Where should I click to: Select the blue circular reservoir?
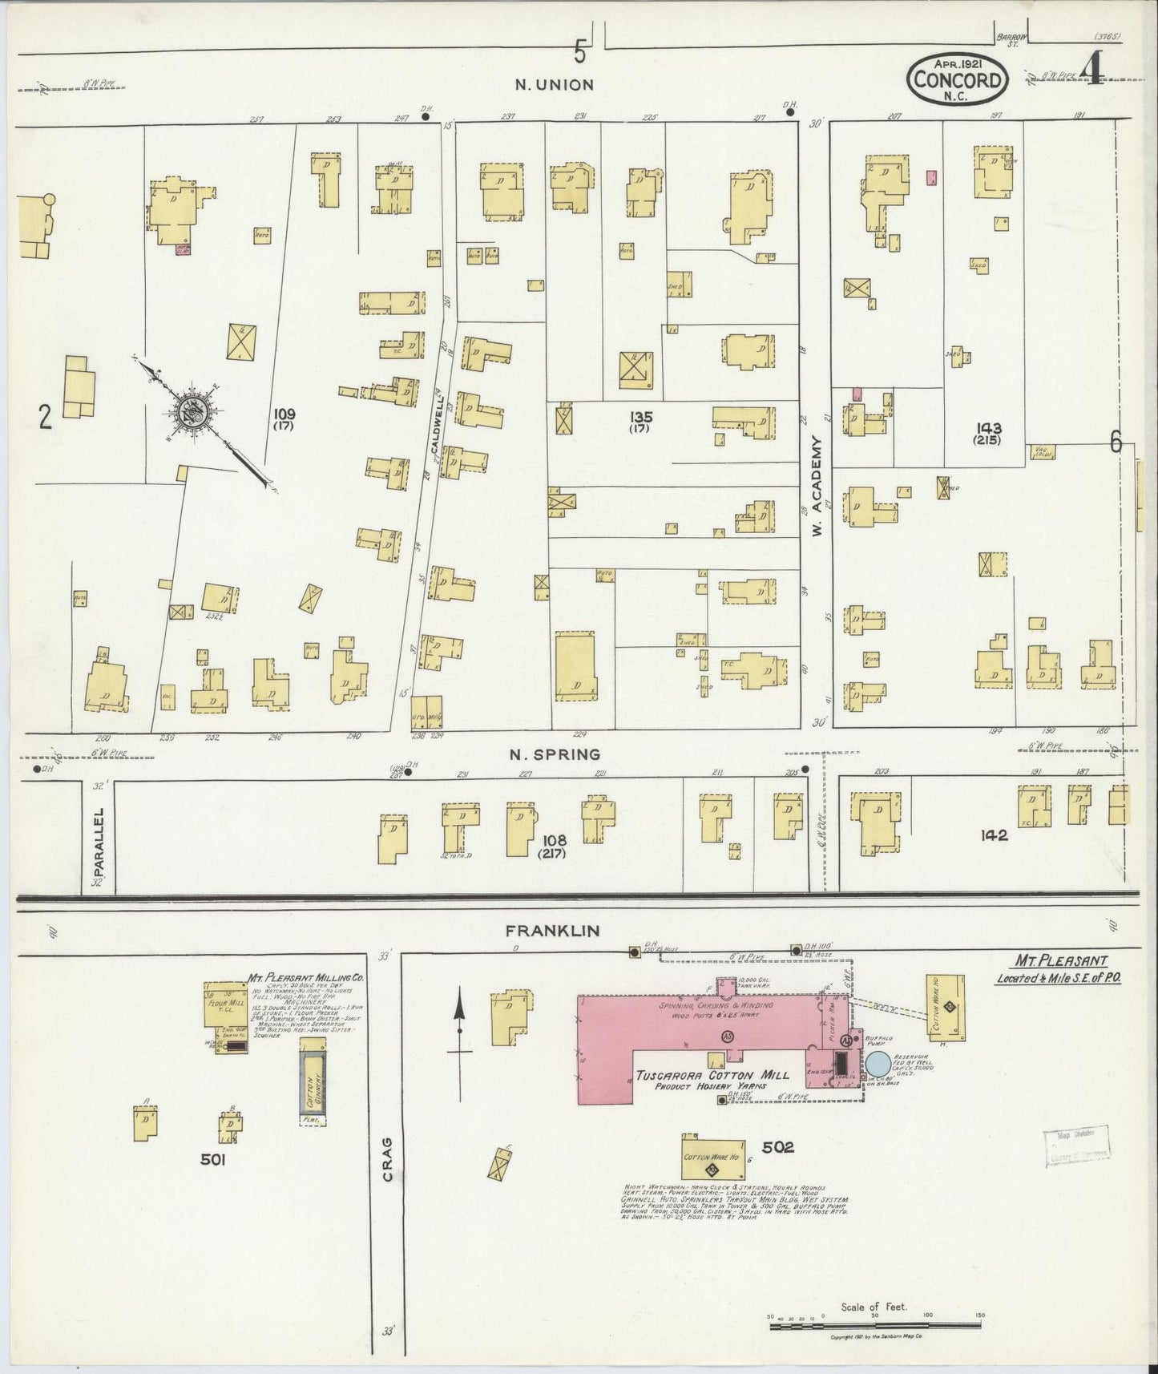click(878, 1065)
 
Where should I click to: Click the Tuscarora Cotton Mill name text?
click(712, 1075)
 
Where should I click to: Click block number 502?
click(777, 1148)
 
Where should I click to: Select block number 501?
click(216, 1158)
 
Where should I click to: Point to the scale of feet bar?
click(875, 1326)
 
